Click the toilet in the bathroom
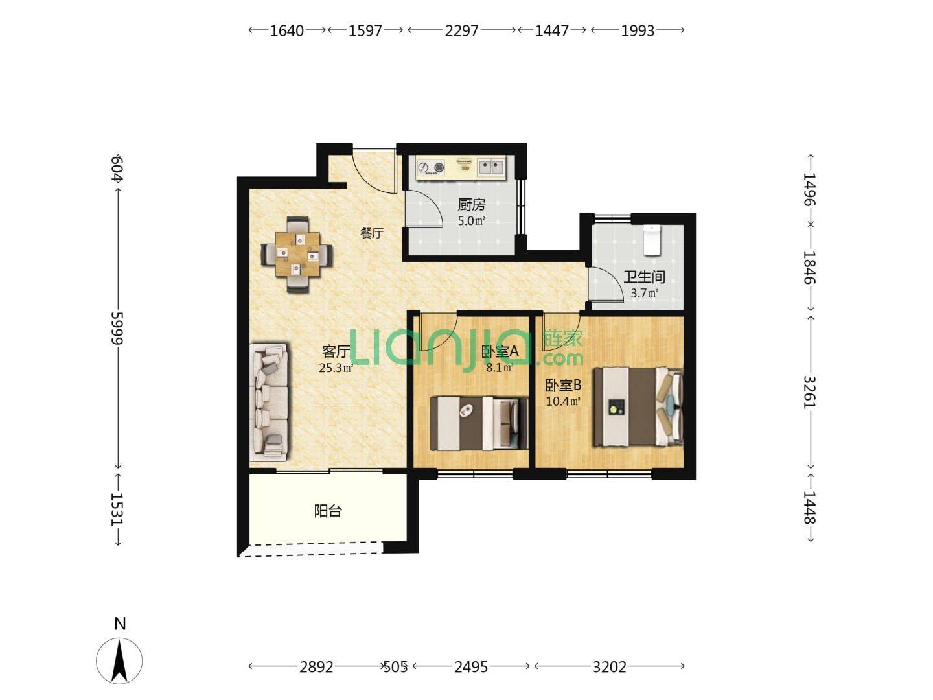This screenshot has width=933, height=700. point(652,240)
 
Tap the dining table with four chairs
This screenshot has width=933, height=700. point(297,255)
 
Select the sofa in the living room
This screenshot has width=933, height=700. point(269,402)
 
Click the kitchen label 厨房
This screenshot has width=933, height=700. point(472,205)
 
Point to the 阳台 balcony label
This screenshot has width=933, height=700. point(328,511)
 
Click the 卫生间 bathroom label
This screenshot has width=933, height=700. point(645,277)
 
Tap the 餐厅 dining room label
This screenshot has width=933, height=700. point(372,233)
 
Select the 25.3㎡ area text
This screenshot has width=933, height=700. point(336,367)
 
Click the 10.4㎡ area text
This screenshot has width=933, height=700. point(563,401)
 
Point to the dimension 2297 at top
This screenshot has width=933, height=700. point(461,30)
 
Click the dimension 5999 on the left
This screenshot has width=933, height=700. point(117,329)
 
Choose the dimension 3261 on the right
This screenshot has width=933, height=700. point(809,392)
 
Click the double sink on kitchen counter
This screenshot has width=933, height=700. point(491,167)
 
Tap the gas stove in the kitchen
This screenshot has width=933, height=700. point(431,167)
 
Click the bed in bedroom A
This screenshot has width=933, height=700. point(479,423)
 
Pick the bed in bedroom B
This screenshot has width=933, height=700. point(638,407)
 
